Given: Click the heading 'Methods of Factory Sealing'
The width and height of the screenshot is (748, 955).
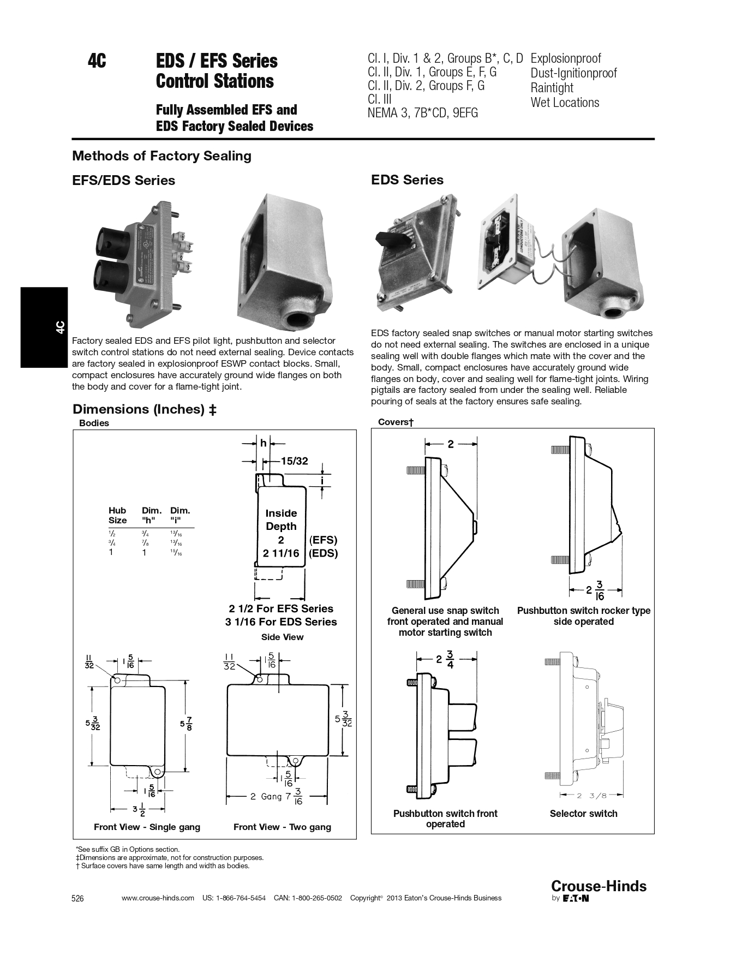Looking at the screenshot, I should pyautogui.click(x=161, y=156).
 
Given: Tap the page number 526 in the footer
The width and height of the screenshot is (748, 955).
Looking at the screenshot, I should pyautogui.click(x=78, y=899).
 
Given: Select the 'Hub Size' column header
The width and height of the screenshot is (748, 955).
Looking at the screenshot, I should pyautogui.click(x=117, y=515).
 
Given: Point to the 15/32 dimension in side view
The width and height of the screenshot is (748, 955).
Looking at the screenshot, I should pyautogui.click(x=294, y=461).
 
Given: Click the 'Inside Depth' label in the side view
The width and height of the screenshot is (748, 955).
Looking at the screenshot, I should pyautogui.click(x=281, y=520).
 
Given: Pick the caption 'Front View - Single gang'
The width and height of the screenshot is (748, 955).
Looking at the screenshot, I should pyautogui.click(x=147, y=827).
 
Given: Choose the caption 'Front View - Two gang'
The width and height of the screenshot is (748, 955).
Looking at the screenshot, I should pyautogui.click(x=282, y=827).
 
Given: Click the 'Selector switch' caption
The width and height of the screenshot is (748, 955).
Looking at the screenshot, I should pyautogui.click(x=583, y=813).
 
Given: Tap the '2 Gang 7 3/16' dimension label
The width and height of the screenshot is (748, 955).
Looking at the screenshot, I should pyautogui.click(x=276, y=796).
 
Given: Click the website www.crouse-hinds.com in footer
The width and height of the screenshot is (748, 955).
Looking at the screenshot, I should pyautogui.click(x=158, y=898).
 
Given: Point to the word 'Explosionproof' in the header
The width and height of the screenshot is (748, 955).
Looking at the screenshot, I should pyautogui.click(x=565, y=58).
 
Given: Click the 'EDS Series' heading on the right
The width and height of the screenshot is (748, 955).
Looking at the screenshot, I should pyautogui.click(x=407, y=180).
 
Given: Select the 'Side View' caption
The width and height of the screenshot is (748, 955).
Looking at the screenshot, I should pyautogui.click(x=282, y=637).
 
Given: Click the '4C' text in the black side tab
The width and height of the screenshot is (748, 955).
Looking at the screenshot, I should pyautogui.click(x=60, y=327).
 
